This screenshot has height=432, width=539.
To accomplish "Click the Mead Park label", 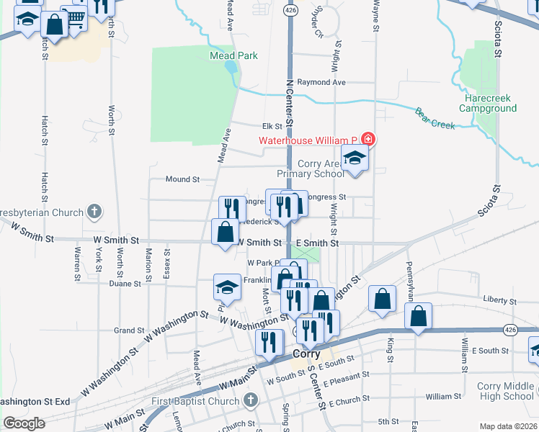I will [233, 55].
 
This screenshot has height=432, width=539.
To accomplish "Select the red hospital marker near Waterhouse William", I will [367, 138].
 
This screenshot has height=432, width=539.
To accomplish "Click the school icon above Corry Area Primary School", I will [355, 158].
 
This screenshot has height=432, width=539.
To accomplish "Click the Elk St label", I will [272, 126].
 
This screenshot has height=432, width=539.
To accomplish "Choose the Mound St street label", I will [182, 179].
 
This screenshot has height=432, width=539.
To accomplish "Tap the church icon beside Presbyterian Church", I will [94, 212].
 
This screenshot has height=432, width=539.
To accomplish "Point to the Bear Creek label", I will [435, 118].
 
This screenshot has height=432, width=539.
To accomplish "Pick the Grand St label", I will [129, 330].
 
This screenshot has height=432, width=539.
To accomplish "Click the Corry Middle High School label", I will [508, 391].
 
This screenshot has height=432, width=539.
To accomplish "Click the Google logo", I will [24, 423].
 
